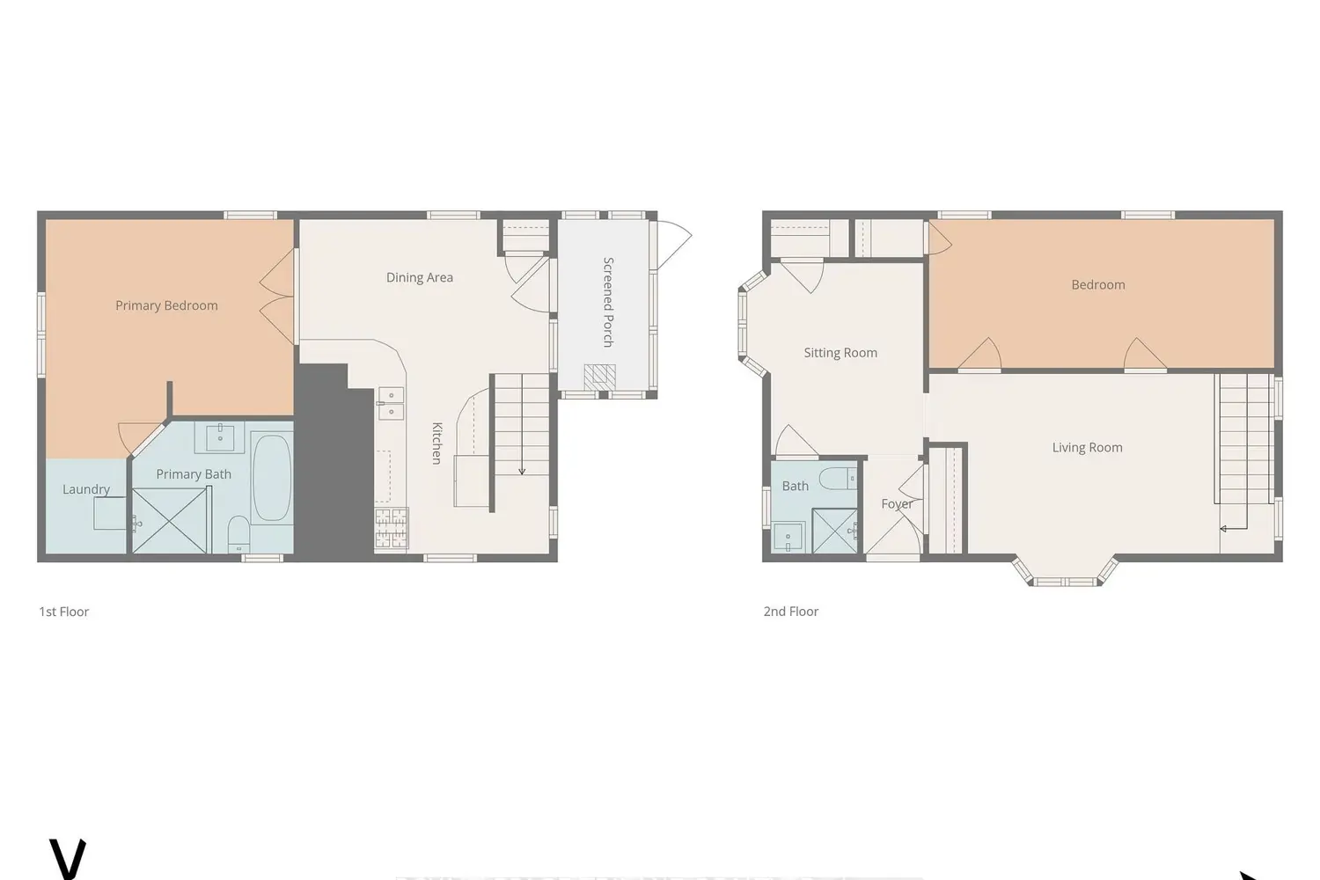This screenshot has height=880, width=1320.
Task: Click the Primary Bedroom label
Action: point(166,305)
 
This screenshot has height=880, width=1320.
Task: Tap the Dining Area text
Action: point(420,277)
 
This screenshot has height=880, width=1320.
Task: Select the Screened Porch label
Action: point(609,302)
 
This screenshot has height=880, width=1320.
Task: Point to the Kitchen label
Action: point(436,444)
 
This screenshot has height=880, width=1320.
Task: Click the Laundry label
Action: point(86,489)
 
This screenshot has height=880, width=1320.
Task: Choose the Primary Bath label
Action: point(194,474)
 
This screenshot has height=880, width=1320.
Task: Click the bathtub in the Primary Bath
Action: point(272,478)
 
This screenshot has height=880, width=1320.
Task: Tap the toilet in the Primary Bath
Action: point(238,532)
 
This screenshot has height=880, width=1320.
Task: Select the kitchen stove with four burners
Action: point(392,529)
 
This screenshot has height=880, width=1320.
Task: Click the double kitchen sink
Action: point(391,403)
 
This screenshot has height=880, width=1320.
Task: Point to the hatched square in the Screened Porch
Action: point(600,378)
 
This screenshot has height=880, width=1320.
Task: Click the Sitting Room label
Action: point(840,353)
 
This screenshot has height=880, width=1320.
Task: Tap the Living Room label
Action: point(1087,447)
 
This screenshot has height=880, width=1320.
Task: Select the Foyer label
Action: point(897,504)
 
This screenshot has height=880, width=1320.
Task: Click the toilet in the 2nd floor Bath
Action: point(838,479)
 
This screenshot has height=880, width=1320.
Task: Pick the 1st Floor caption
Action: point(63,612)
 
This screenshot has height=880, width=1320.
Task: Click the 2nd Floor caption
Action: point(791,612)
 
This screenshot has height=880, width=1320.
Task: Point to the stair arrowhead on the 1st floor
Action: point(522,472)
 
